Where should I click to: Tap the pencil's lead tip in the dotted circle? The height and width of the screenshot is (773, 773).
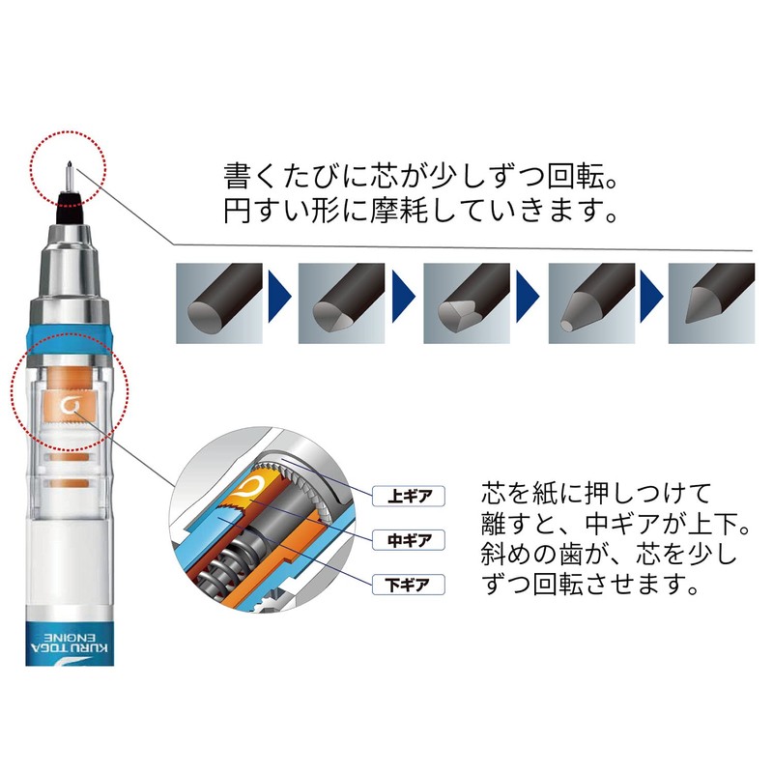pyautogui.click(x=69, y=170)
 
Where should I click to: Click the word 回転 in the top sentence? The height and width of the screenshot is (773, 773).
pyautogui.click(x=558, y=177)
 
